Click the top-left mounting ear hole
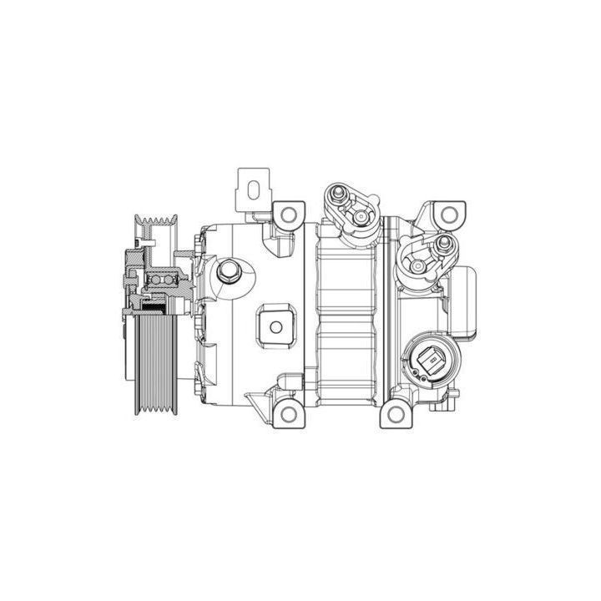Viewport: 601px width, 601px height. pyautogui.click(x=288, y=215)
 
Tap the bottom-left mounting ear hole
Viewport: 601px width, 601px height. pyautogui.click(x=288, y=412)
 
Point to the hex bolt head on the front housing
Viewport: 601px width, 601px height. pyautogui.click(x=228, y=271)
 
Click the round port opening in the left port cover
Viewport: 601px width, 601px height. pyautogui.click(x=361, y=219)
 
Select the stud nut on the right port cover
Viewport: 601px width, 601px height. pyautogui.click(x=444, y=245)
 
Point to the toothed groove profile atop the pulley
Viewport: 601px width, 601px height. pyautogui.click(x=156, y=223)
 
